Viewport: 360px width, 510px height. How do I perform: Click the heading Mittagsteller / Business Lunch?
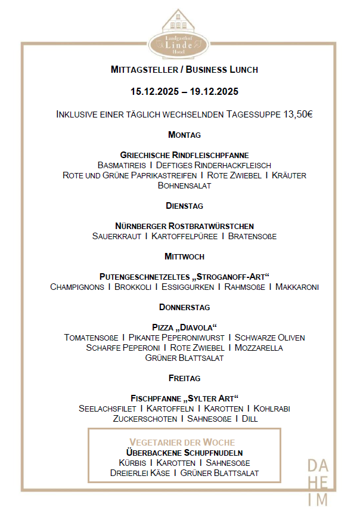[184, 70]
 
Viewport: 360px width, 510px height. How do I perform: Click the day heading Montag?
[184, 135]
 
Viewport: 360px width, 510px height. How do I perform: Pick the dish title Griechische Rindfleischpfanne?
[184, 155]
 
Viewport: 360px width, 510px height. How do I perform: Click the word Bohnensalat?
[184, 186]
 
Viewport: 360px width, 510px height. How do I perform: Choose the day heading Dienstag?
[184, 206]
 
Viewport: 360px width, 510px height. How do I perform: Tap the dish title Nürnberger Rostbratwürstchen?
[184, 226]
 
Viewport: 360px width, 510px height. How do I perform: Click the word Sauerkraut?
[117, 236]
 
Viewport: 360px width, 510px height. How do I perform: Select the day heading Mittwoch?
[184, 256]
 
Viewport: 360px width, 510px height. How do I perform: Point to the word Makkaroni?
[297, 287]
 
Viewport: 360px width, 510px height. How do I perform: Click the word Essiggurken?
[187, 287]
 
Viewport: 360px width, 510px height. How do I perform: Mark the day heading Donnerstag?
[184, 307]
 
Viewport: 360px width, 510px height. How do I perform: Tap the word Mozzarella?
[259, 348]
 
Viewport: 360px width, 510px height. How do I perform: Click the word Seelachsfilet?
[107, 409]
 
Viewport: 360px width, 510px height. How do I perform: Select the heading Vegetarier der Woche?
[182, 443]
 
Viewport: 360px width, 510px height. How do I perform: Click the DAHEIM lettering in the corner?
[317, 483]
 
